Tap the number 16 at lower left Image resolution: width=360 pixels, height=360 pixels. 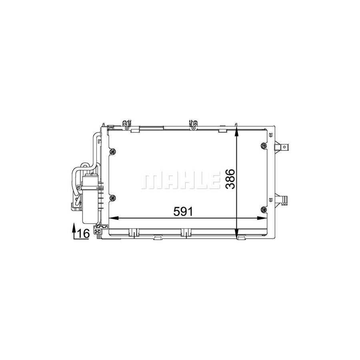(x=82, y=233)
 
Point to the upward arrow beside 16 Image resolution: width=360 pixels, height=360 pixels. (x=74, y=232)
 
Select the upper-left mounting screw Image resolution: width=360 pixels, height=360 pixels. (x=112, y=151)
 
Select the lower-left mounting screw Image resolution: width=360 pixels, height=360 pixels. (x=112, y=197)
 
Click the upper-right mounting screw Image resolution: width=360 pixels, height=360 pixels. (x=263, y=146)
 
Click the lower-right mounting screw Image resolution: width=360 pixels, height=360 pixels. (x=263, y=208)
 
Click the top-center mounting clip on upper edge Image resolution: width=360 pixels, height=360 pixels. (x=194, y=124)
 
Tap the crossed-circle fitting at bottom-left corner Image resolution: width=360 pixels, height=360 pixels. (x=98, y=229)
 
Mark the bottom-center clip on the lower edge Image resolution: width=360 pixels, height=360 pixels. (x=185, y=232)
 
